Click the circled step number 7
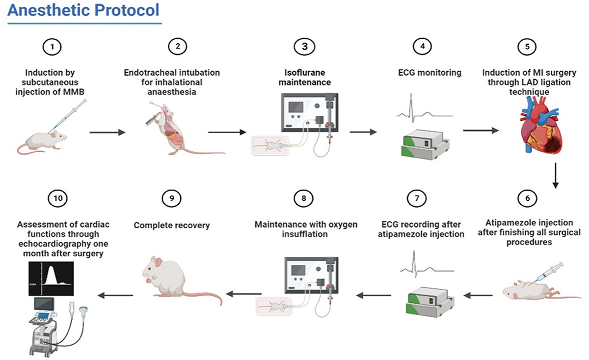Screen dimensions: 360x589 [x=416, y=199]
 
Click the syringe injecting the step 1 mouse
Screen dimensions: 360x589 [x=72, y=116]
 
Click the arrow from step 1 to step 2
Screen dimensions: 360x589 [x=107, y=132]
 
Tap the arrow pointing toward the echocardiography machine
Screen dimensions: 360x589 [x=115, y=295]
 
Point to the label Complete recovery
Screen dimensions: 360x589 [x=172, y=226]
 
